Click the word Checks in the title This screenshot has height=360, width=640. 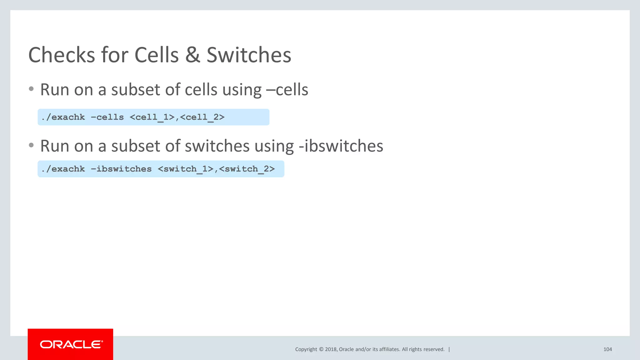(61, 55)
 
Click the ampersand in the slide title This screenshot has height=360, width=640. (192, 55)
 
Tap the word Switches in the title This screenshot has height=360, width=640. (249, 55)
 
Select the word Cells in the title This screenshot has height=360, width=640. (157, 55)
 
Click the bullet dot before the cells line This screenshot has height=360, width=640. (31, 89)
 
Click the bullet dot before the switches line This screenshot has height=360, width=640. (31, 145)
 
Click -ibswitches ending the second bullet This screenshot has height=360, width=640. (341, 146)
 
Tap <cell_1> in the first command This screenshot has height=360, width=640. (152, 117)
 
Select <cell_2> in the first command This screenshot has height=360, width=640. (202, 117)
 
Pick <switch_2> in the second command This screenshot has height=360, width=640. (247, 169)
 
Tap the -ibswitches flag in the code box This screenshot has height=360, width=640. (121, 169)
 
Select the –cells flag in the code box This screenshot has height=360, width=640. (107, 117)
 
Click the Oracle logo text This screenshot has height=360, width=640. (71, 344)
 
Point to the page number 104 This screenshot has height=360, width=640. (607, 349)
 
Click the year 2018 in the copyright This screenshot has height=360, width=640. (331, 349)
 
